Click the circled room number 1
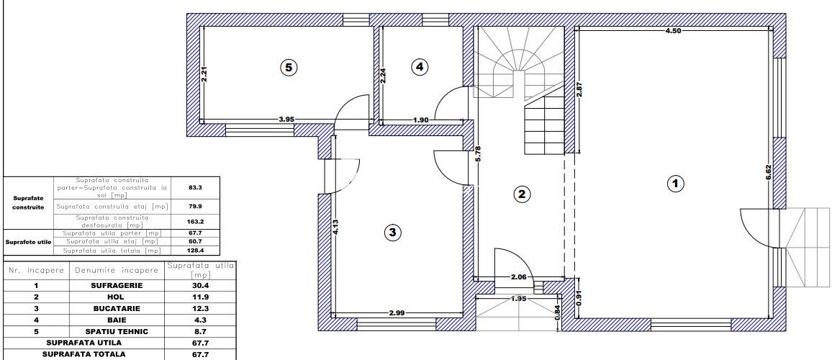[674, 184]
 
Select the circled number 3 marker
[392, 232]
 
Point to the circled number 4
[420, 67]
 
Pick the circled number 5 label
[288, 67]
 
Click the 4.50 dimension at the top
[673, 31]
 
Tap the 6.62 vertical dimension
[768, 174]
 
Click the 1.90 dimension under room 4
[421, 120]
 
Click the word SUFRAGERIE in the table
[116, 285]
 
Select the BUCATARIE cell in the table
[116, 308]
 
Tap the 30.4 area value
[190, 285]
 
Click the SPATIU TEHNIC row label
[116, 331]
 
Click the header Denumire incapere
[116, 271]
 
